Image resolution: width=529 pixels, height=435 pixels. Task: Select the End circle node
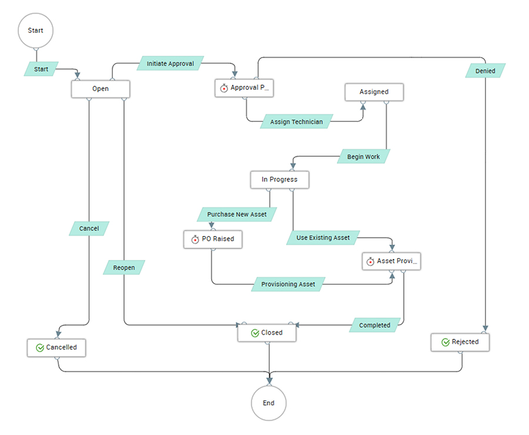click(269, 403)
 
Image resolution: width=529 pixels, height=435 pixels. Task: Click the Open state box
click(101, 89)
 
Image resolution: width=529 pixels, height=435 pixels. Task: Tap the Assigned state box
click(374, 92)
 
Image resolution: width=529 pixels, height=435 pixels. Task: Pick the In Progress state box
click(280, 180)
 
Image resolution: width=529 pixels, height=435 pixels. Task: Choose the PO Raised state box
click(213, 240)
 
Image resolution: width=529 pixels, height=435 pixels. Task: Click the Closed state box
click(267, 333)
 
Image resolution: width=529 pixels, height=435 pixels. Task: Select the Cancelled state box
click(56, 348)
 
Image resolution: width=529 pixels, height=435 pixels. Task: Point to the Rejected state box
click(460, 342)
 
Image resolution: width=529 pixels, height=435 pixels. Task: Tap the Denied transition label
click(485, 71)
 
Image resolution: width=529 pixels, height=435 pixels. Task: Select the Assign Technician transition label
click(296, 122)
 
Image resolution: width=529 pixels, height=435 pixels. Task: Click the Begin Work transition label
click(363, 157)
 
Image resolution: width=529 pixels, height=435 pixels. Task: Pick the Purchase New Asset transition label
click(236, 214)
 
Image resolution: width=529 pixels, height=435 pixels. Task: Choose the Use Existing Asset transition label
click(323, 238)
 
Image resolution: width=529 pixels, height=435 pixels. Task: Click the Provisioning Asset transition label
click(288, 284)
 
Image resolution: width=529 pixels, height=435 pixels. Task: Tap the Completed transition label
click(374, 325)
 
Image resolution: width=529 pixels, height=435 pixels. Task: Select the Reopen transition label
click(123, 268)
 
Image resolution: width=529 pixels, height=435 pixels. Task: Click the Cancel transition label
click(89, 228)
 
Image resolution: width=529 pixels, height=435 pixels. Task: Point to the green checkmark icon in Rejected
click(446, 342)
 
